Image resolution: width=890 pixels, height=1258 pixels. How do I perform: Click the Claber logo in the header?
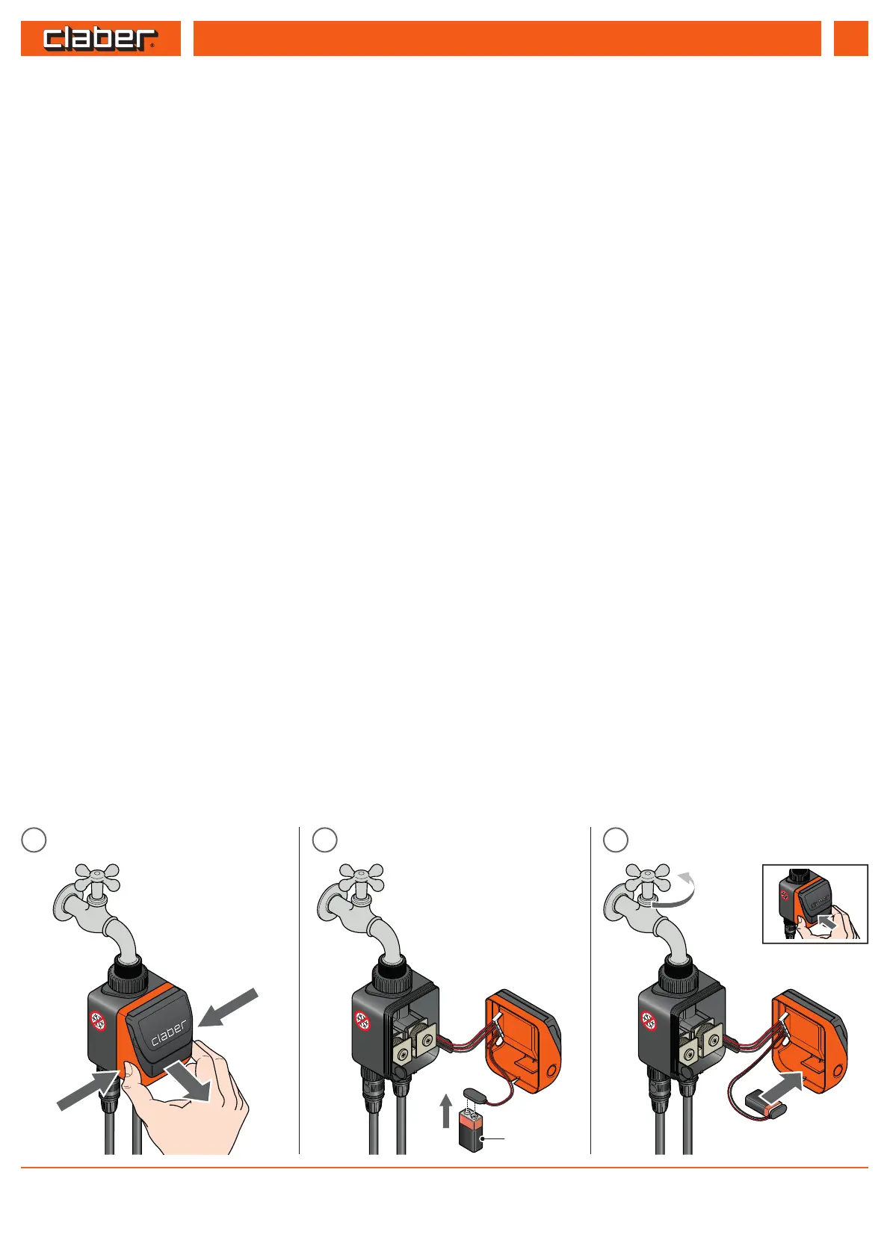click(x=100, y=39)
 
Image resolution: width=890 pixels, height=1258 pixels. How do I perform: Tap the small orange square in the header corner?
click(x=850, y=39)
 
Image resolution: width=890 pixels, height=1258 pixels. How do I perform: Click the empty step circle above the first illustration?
click(x=34, y=840)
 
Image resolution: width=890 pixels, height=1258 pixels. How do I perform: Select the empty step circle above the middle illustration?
click(x=324, y=840)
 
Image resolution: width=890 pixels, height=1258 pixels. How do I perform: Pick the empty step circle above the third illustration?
click(x=615, y=840)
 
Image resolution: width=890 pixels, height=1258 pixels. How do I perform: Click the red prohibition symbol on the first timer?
click(x=98, y=1020)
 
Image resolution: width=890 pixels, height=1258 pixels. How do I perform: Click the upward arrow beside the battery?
click(x=446, y=1111)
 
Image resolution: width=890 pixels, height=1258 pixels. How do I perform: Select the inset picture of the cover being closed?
click(x=815, y=904)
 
